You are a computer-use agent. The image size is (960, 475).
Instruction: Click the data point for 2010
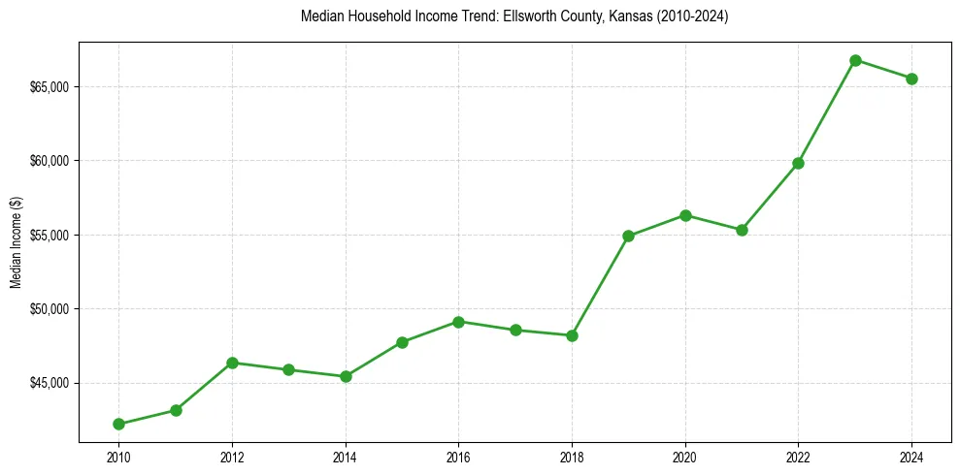(118, 424)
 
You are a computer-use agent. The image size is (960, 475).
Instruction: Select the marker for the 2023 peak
(855, 60)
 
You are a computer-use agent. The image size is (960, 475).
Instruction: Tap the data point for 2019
(628, 236)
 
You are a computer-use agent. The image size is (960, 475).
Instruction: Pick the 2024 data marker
(911, 79)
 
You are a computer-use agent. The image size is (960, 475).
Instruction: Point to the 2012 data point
(232, 363)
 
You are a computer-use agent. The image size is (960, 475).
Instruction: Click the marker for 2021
(742, 230)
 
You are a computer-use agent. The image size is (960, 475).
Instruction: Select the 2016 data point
(458, 322)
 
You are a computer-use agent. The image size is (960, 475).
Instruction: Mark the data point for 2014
(346, 376)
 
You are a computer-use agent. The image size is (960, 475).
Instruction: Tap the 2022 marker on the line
(798, 163)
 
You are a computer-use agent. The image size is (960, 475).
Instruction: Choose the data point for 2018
(572, 335)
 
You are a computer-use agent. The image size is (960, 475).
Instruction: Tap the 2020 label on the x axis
(685, 457)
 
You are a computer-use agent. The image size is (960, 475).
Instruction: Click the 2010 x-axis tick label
(118, 457)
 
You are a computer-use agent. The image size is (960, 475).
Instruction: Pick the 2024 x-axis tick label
(911, 457)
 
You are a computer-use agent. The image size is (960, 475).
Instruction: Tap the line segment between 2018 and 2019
(600, 286)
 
